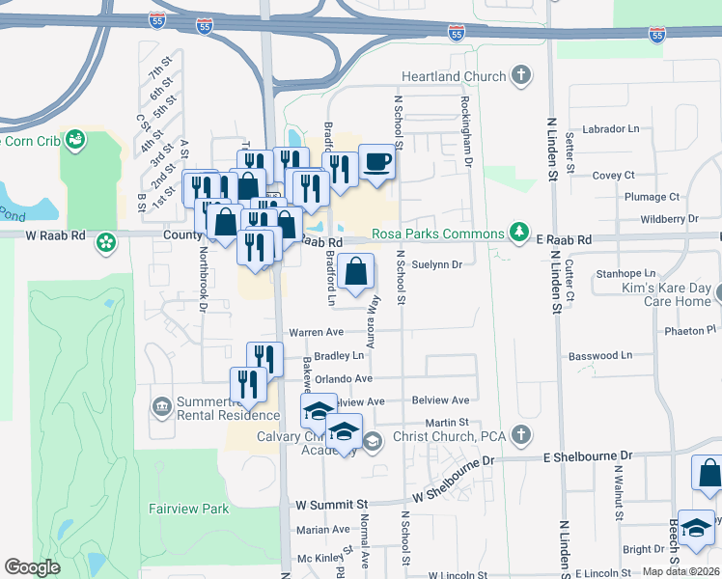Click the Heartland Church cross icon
click(521, 76)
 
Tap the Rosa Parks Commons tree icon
click(520, 233)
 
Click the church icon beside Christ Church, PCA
click(521, 435)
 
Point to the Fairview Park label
click(188, 508)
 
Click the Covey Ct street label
click(613, 176)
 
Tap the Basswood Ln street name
click(599, 355)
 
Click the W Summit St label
click(332, 504)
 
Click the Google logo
click(32, 567)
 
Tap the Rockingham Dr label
click(465, 130)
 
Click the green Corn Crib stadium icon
click(76, 141)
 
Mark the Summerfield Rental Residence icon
click(160, 403)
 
